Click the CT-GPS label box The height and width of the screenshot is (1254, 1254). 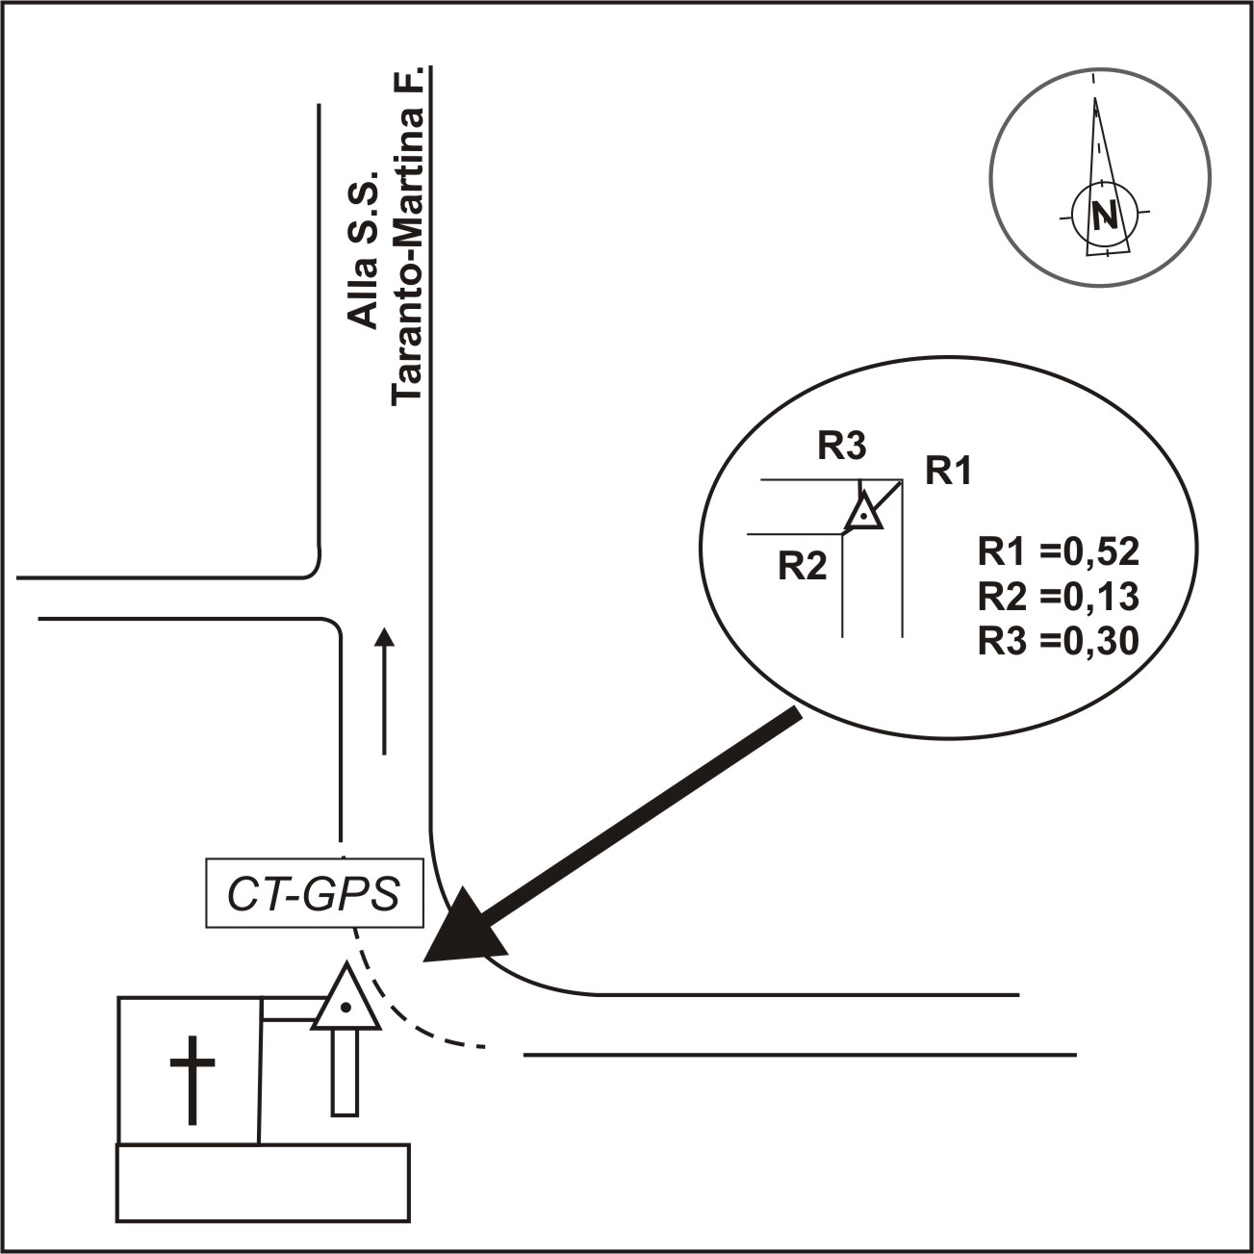click(315, 895)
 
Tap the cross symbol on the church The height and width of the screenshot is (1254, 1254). click(192, 1079)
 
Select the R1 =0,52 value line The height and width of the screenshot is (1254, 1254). click(1058, 552)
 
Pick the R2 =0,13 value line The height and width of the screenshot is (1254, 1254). click(1058, 597)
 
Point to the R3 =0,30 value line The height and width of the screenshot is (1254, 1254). click(1058, 640)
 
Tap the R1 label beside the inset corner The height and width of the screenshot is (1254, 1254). click(949, 472)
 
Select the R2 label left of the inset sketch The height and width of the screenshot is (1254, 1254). click(803, 567)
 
